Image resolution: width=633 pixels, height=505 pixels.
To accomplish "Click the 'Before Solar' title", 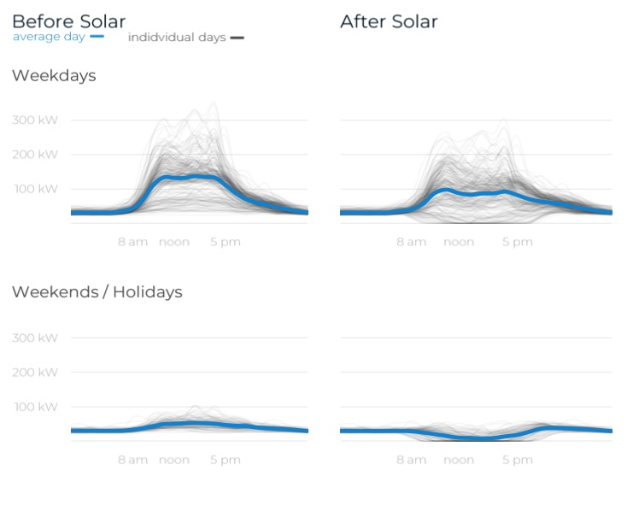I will pos(68,21).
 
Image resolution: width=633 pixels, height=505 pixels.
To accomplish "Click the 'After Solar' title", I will pos(389,21).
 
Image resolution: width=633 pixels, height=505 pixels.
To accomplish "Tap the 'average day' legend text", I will pos(48,37).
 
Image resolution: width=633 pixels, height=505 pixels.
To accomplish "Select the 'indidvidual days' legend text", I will pos(176,38).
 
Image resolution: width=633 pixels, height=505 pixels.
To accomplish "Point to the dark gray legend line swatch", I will pos(237,38).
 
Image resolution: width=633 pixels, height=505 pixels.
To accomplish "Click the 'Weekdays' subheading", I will pos(54,76).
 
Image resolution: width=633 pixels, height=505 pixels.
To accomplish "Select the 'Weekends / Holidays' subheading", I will pos(97,292).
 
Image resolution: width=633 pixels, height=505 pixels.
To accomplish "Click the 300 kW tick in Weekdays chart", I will pos(35,120).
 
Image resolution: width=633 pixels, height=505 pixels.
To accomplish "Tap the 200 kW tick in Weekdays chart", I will pos(35,155).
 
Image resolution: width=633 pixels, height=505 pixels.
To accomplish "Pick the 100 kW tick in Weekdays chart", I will pos(35,189).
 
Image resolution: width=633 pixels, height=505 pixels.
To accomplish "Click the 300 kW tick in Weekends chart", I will pos(35,338).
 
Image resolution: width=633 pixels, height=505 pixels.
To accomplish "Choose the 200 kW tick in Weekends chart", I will pos(35,373).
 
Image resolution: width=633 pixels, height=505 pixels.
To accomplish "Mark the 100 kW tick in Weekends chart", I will pos(35,407).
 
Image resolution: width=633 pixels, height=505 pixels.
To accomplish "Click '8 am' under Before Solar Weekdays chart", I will pos(132,242).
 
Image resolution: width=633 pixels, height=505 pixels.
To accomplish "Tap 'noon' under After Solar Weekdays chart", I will pos(459,242).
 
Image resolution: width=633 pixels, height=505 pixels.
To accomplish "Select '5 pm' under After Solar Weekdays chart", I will pos(517,242).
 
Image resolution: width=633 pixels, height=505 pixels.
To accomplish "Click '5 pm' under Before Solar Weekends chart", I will pos(226,460).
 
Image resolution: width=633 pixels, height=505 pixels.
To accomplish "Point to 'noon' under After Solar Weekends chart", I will pos(459,460).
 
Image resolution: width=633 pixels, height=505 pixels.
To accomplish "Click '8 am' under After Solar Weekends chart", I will pos(411,460).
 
